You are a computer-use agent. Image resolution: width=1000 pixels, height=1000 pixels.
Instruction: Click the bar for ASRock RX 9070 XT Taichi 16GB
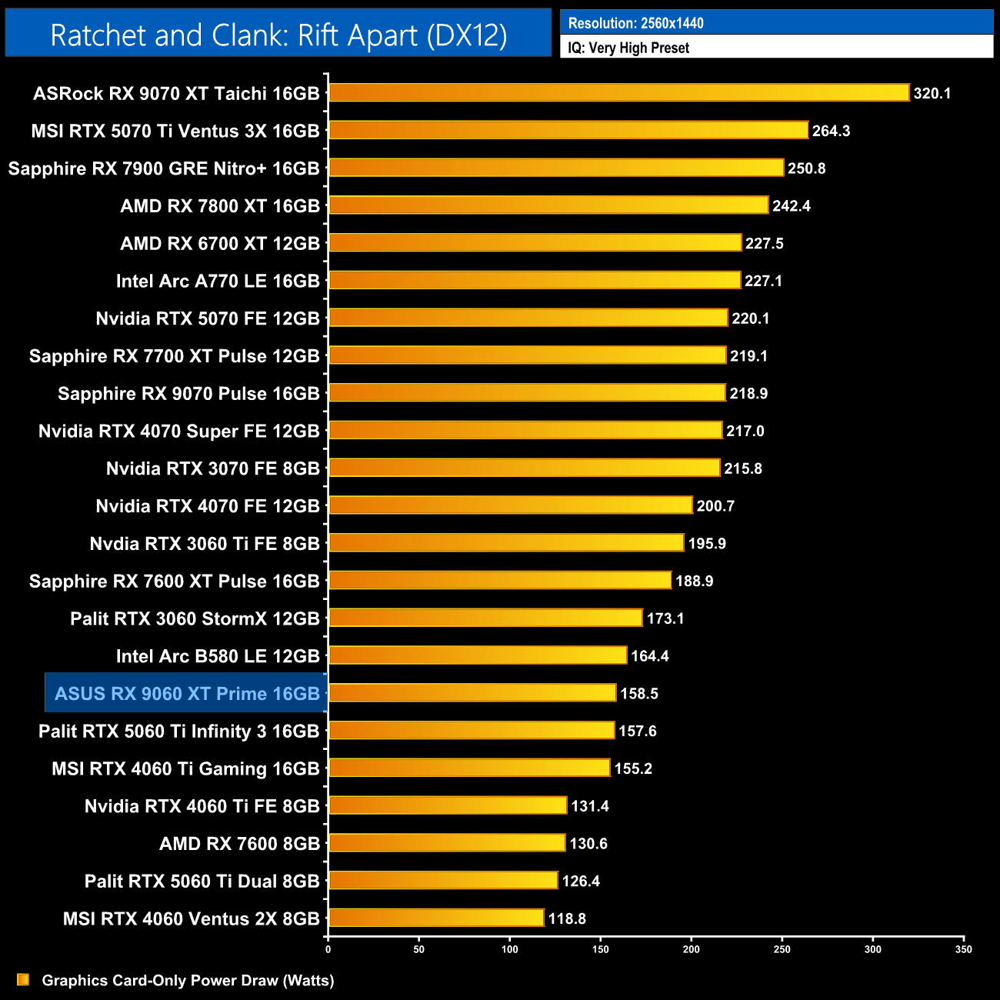click(x=619, y=93)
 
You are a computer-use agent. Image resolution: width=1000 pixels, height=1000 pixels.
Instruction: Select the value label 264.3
click(x=831, y=131)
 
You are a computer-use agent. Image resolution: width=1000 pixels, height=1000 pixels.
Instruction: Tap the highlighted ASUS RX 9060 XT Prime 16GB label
click(x=187, y=694)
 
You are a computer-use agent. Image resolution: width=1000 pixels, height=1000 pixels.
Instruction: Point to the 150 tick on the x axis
click(x=601, y=949)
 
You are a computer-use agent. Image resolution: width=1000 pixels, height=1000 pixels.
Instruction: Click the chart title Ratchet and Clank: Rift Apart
click(x=278, y=35)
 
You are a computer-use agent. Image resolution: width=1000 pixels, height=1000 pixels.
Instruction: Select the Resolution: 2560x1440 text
click(x=635, y=23)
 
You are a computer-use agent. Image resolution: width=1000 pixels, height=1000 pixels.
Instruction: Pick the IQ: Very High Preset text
click(x=628, y=48)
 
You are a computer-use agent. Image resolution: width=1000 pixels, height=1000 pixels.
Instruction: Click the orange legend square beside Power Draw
click(x=23, y=980)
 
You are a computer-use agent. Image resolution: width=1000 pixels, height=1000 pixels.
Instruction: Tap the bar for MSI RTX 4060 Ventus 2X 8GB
click(x=436, y=918)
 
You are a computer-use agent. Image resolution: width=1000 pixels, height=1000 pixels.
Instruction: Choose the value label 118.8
click(x=567, y=918)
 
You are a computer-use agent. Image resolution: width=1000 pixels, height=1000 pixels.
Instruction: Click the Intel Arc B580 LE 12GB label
click(x=218, y=656)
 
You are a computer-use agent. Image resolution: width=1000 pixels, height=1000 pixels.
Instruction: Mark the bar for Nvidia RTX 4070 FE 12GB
click(x=511, y=505)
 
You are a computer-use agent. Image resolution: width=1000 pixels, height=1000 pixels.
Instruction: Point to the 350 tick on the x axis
click(x=964, y=949)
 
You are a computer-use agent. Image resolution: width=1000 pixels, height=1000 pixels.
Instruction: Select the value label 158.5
click(x=639, y=694)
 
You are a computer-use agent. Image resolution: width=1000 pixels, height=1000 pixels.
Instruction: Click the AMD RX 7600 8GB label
click(x=239, y=844)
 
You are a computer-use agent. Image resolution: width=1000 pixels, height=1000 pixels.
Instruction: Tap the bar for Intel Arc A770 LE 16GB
click(x=535, y=281)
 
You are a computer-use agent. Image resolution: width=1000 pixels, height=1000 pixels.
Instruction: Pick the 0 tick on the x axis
click(x=328, y=949)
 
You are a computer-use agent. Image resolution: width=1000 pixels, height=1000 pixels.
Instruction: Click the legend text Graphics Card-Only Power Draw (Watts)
click(x=188, y=980)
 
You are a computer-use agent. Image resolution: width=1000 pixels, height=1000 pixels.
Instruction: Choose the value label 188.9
click(x=694, y=581)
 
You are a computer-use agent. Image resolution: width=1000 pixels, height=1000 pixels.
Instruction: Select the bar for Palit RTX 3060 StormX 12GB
click(x=485, y=618)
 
